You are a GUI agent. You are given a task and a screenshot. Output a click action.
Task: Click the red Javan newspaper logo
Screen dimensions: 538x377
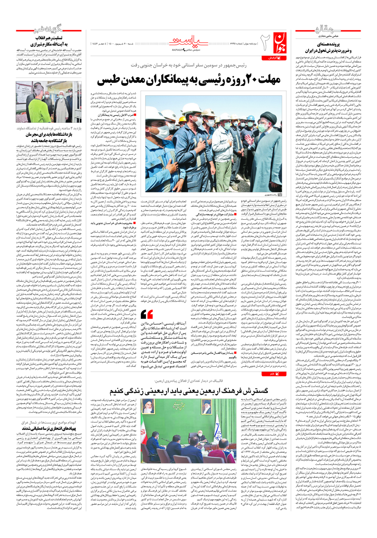click(x=279, y=42)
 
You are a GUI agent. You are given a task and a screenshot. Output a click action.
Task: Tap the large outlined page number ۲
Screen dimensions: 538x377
click(x=265, y=41)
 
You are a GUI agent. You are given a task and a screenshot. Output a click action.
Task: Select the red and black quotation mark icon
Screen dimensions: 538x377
click(x=147, y=314)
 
